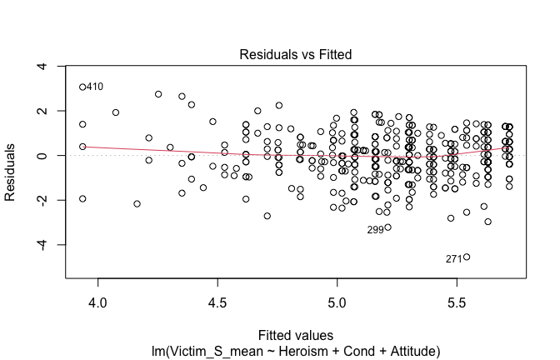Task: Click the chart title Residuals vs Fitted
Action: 296,54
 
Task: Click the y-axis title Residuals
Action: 11,171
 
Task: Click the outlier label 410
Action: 95,87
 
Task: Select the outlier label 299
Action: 375,229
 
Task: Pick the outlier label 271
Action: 453,258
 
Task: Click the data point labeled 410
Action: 82,87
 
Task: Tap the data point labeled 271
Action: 467,257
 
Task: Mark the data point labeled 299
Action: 387,227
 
